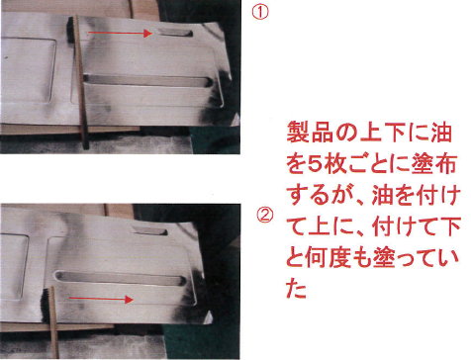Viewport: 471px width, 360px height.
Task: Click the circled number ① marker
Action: (x=260, y=13)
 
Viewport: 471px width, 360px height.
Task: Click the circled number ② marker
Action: (x=265, y=216)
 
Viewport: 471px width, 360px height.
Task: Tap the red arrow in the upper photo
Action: (x=120, y=33)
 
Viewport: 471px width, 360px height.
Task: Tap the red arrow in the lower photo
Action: (x=101, y=299)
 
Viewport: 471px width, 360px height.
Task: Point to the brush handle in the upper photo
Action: (x=82, y=82)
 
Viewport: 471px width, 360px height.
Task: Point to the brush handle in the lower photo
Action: (x=54, y=322)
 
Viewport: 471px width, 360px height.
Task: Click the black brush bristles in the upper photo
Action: (x=70, y=30)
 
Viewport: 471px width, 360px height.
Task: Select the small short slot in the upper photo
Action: (x=175, y=33)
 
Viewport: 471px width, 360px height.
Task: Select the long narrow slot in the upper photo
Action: (x=147, y=81)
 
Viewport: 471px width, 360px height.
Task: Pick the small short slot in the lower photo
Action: (x=149, y=231)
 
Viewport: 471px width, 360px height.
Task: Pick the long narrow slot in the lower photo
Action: (x=121, y=278)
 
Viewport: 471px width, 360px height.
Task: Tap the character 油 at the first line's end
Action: (x=441, y=132)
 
